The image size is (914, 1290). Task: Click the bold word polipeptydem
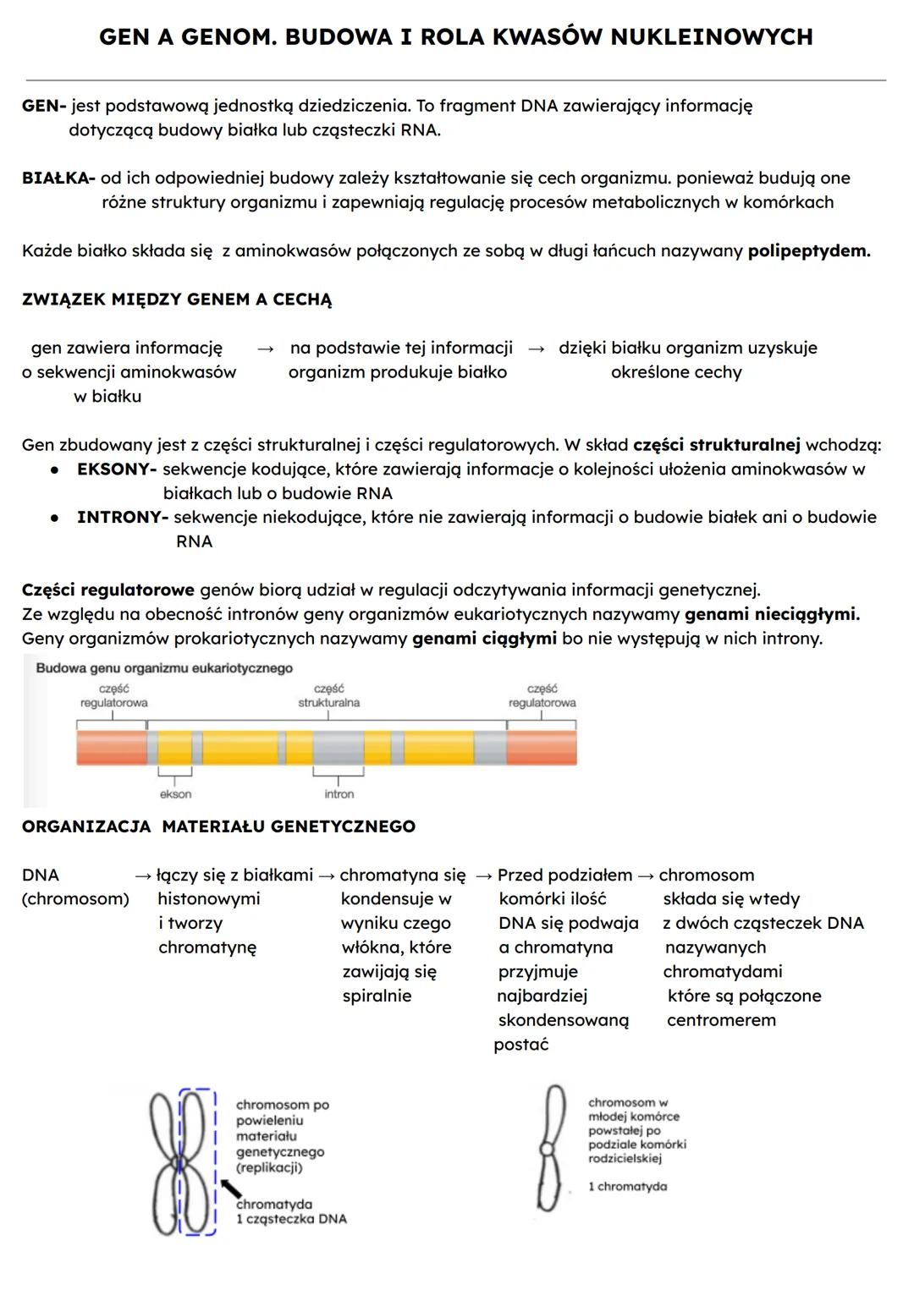(x=808, y=251)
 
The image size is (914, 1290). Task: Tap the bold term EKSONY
(x=115, y=469)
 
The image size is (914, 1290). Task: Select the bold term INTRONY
(x=121, y=518)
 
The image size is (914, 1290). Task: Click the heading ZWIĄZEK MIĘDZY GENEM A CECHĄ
(x=177, y=299)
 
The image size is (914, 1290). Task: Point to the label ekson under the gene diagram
(x=175, y=794)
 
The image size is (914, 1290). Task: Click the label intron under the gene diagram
(x=339, y=794)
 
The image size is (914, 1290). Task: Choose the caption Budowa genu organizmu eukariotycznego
(x=164, y=668)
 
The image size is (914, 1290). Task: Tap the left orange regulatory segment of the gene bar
(x=112, y=748)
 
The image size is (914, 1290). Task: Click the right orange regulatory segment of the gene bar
(x=542, y=748)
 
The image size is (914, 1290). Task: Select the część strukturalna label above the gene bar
(x=328, y=696)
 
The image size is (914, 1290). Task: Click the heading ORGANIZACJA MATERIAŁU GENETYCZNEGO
(x=218, y=826)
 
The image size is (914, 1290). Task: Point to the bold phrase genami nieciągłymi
(x=771, y=614)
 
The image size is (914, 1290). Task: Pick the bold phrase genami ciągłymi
(x=484, y=639)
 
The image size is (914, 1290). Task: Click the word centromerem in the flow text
(x=721, y=1020)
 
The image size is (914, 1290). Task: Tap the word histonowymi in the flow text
(x=208, y=899)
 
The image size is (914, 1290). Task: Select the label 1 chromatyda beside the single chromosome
(x=627, y=1187)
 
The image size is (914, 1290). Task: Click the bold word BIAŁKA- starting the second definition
(x=58, y=178)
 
